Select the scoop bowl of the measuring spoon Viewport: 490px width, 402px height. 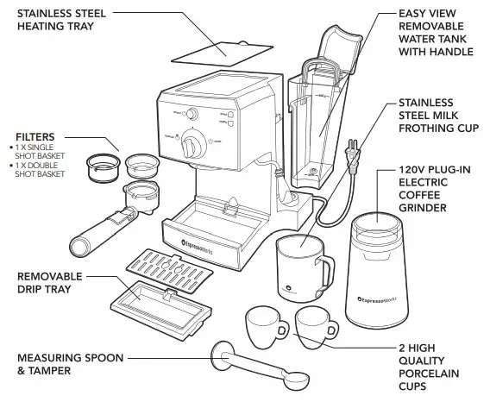[292, 377]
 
